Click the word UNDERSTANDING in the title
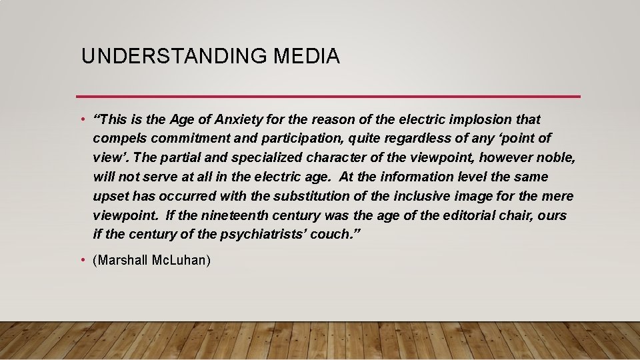click(174, 57)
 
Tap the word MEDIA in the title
click(307, 57)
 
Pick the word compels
click(117, 139)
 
